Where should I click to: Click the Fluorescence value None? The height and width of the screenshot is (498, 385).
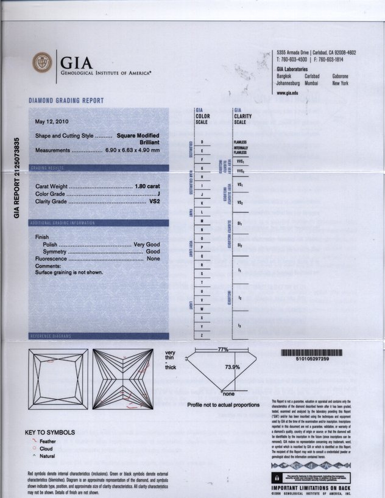pos(153,259)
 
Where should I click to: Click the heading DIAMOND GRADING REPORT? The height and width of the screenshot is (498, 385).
pos(66,100)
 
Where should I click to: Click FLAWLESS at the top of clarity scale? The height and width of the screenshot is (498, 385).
pos(239,142)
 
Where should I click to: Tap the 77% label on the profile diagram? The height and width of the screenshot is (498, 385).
pos(222,349)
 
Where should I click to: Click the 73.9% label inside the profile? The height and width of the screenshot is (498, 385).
pos(232,367)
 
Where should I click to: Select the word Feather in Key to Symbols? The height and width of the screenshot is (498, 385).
pos(48,441)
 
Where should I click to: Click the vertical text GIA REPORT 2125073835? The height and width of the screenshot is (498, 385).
pos(18,177)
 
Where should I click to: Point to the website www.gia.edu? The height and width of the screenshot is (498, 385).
pos(287,93)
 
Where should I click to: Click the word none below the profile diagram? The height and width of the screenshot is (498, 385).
pos(228,394)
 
